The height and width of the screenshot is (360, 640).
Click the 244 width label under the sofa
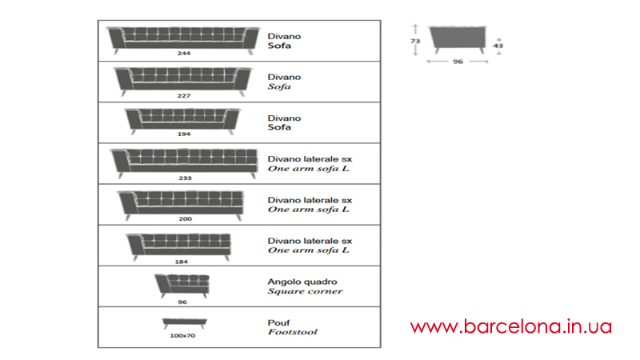(x=184, y=53)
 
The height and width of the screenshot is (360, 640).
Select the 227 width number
(x=184, y=95)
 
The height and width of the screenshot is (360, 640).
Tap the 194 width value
(x=184, y=134)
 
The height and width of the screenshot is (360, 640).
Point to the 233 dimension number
(x=185, y=178)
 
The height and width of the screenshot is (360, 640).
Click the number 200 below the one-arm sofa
(x=185, y=218)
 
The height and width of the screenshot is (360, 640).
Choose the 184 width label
(x=182, y=262)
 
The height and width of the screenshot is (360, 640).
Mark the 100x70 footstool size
(x=182, y=335)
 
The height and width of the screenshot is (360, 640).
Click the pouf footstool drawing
(x=185, y=323)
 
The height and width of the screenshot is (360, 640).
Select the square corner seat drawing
(x=182, y=286)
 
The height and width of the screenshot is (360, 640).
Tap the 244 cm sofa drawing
(x=183, y=41)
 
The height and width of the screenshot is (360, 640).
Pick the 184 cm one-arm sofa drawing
(x=178, y=246)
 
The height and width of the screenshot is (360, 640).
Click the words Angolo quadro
(x=302, y=282)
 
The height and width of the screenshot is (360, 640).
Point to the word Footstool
(x=292, y=332)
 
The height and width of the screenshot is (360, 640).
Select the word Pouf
(x=278, y=322)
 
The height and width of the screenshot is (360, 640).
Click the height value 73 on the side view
(x=415, y=41)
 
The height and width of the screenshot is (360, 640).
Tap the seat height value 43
(x=498, y=46)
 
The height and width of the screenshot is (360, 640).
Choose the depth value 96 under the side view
(x=458, y=62)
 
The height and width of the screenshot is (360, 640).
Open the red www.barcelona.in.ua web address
(x=511, y=326)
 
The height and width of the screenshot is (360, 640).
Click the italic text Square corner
(x=305, y=291)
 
